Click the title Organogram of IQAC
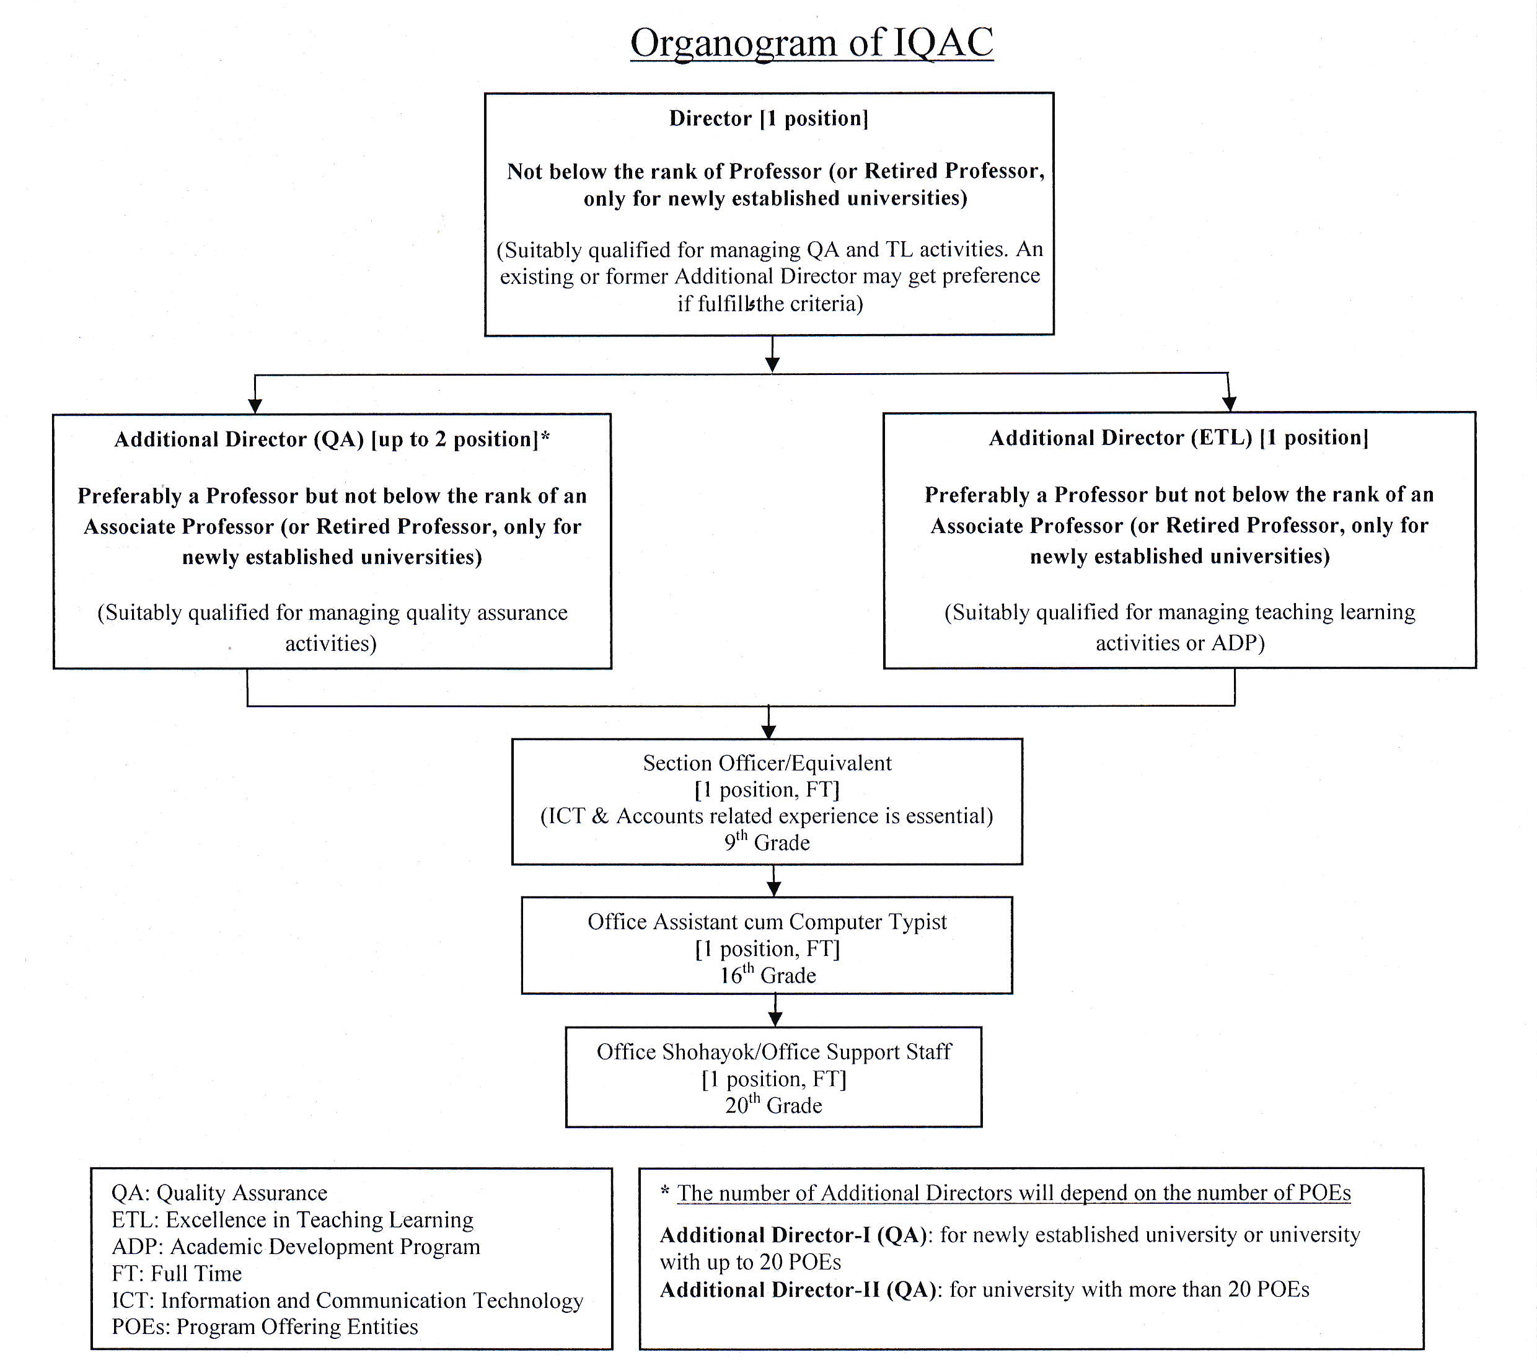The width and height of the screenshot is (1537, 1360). click(811, 43)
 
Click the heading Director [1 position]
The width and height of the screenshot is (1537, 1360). click(768, 118)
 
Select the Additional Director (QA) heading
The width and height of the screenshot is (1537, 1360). click(332, 439)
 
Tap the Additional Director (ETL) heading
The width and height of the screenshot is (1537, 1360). click(1178, 438)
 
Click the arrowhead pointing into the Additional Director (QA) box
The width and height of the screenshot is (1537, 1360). click(255, 405)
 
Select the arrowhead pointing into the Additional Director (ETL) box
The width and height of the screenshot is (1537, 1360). click(1229, 404)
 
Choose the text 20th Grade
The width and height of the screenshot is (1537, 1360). click(773, 1103)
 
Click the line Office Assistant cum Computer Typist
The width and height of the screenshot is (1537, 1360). click(767, 922)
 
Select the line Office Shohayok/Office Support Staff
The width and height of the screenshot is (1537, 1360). click(773, 1051)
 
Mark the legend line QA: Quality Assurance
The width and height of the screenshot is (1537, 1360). click(219, 1193)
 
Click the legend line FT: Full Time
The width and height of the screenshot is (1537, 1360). click(177, 1273)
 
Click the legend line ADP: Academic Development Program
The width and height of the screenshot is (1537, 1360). click(296, 1247)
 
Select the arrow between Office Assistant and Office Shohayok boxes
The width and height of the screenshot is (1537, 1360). click(775, 1010)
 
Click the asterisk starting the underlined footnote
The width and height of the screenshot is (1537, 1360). click(665, 1191)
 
